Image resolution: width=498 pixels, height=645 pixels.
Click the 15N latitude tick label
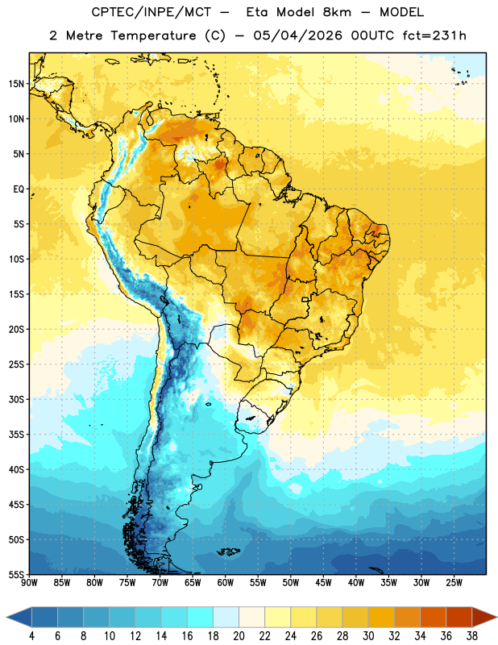point(16,84)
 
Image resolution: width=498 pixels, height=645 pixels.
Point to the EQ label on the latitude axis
point(19,189)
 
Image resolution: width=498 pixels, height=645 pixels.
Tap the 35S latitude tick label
point(16,435)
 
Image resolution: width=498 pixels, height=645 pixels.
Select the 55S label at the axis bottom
point(16,574)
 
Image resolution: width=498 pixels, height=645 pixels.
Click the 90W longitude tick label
point(29,583)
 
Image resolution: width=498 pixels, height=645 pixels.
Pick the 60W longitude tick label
point(226,583)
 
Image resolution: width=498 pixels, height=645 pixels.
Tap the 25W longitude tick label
point(454,583)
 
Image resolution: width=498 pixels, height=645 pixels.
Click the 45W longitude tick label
point(323,583)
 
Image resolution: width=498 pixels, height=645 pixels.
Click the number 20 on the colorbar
point(239,636)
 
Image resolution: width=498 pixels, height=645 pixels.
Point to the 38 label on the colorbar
point(471,636)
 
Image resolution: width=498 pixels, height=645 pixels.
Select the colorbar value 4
point(31,636)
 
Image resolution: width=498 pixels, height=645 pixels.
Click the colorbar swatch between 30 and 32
point(381,617)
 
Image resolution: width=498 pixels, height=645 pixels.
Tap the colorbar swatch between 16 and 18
point(201,617)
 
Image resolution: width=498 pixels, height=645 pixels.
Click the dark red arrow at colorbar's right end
point(484,617)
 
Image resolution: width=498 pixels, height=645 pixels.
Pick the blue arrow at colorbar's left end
point(19,617)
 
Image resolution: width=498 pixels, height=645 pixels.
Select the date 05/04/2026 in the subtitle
point(297,35)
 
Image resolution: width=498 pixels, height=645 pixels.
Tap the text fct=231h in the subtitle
point(434,35)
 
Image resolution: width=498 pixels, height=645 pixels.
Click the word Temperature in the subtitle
point(153,36)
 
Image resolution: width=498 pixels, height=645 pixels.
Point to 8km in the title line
point(337,12)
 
